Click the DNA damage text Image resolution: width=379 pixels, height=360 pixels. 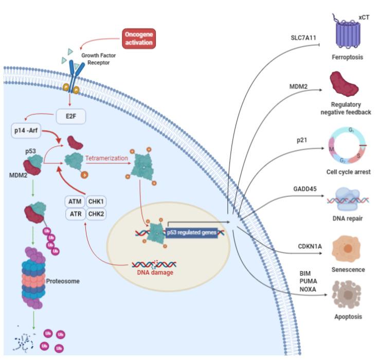[x=154, y=272]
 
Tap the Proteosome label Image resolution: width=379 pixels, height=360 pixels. [x=63, y=281]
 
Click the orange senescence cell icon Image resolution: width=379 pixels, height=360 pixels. [x=348, y=249]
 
